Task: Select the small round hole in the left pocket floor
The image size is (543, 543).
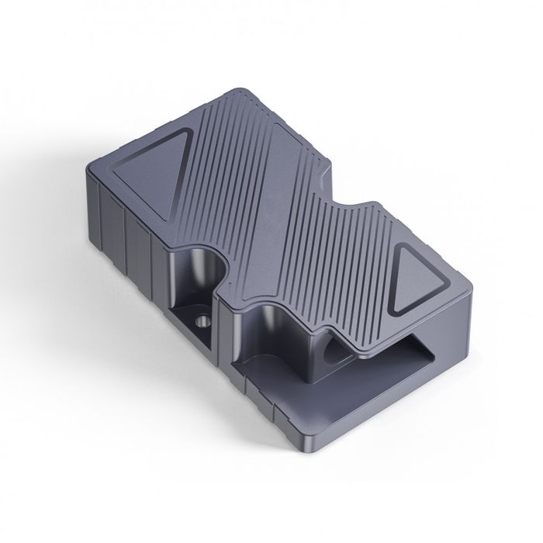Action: point(203,319)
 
